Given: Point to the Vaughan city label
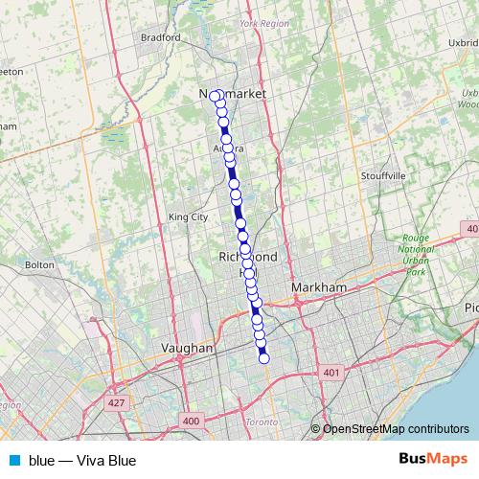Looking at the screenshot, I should point(188,349).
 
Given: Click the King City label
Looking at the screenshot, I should point(188,217).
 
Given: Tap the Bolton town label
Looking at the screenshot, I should point(39,263).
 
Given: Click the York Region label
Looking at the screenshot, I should point(263,22).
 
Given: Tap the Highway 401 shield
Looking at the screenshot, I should point(331,372).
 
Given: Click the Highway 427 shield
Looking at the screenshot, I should point(117,403).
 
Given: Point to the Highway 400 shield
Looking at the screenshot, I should point(191,421).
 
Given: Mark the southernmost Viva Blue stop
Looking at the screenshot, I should point(264,359).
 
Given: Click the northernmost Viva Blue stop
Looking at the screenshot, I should point(217,95).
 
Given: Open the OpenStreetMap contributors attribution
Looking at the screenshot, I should point(395,428).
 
